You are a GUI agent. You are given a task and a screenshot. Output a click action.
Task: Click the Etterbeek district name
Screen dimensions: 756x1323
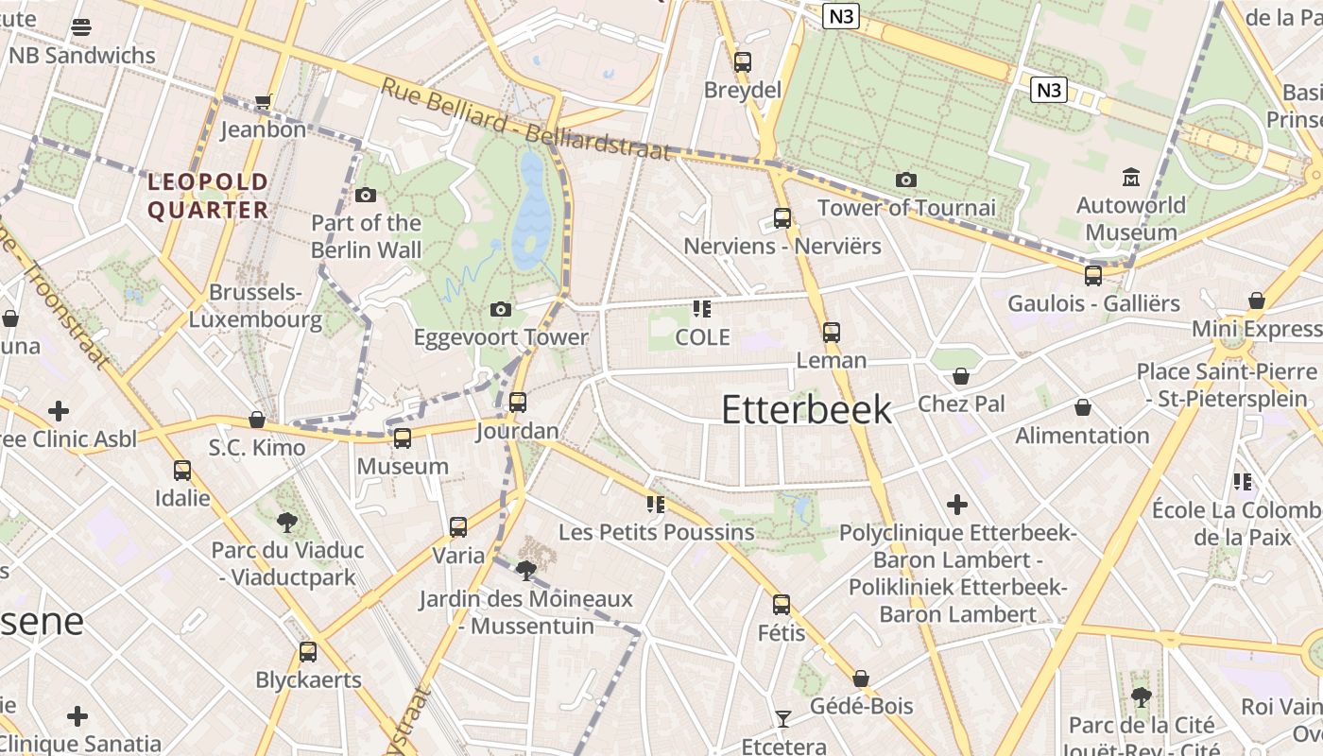pos(806,409)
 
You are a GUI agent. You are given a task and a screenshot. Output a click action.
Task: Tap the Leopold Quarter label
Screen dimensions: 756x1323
pos(208,196)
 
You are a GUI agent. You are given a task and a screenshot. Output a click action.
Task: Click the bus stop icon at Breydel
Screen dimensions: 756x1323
pos(743,62)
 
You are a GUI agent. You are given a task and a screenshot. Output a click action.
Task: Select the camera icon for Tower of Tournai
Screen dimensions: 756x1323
pos(905,180)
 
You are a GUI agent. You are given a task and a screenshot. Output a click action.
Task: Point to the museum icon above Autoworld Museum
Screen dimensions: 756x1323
pos(1130,177)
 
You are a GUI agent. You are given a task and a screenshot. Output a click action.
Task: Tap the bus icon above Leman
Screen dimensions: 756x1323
pos(831,333)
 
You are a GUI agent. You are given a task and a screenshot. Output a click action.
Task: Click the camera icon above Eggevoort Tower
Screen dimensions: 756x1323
pos(501,309)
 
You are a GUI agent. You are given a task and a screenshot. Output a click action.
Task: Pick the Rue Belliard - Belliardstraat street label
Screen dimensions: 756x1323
pos(525,119)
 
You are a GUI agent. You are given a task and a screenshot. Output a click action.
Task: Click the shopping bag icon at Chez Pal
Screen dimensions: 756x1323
pos(961,376)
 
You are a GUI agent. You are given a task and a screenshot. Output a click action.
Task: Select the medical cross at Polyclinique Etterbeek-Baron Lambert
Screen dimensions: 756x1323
pos(957,505)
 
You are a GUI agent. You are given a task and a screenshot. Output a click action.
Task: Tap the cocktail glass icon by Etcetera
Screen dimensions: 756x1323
pos(782,719)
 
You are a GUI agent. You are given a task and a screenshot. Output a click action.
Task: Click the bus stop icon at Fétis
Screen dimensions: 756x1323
pos(781,605)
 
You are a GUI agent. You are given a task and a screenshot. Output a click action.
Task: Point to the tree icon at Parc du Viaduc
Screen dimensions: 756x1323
pos(286,522)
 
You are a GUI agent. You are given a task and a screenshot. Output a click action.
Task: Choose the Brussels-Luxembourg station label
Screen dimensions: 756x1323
pos(255,306)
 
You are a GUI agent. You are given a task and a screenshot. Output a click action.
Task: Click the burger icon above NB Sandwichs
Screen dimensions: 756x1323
pos(81,27)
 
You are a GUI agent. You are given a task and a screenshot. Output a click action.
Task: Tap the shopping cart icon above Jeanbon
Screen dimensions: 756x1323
pos(263,101)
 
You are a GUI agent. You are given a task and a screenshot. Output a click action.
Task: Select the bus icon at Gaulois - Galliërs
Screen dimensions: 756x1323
pos(1093,276)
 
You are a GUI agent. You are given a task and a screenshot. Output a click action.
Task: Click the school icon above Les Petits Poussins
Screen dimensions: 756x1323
pos(656,505)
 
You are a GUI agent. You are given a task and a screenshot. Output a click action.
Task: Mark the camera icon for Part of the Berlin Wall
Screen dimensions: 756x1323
pos(366,196)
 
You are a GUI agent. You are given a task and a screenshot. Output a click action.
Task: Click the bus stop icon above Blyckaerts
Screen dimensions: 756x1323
pos(308,652)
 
